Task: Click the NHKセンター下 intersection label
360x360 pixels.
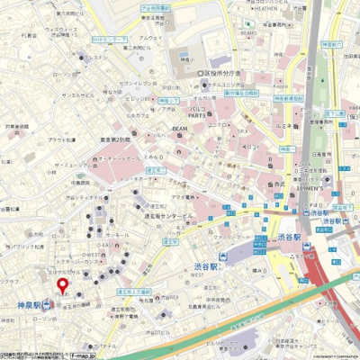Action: tap(107, 40)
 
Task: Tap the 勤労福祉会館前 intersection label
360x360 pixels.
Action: tap(240, 92)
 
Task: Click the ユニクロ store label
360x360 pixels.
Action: tap(218, 124)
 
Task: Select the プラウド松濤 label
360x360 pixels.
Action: tap(62, 140)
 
